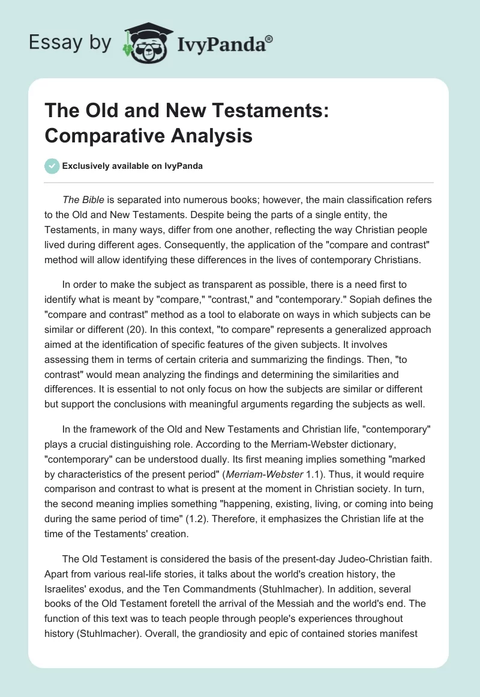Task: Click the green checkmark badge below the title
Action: [x=52, y=166]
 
